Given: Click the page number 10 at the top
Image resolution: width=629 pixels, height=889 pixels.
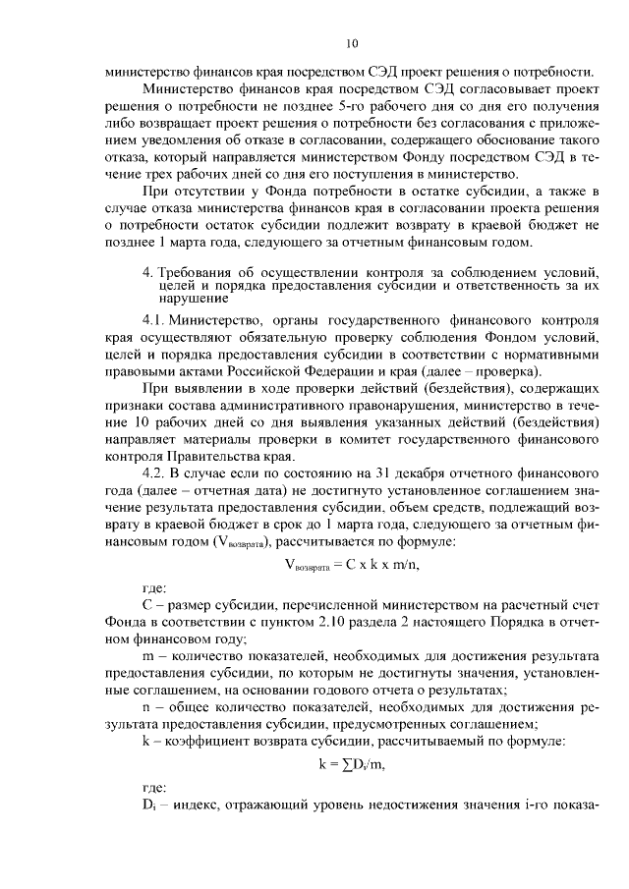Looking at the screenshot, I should (x=353, y=43).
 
